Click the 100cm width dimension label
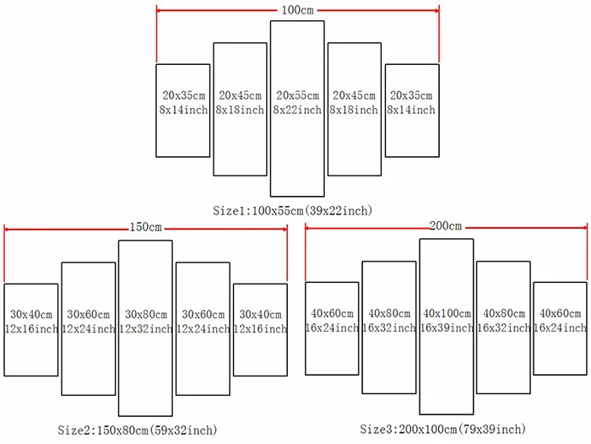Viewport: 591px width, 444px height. click(x=297, y=11)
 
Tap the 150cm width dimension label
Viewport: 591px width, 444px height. click(x=145, y=227)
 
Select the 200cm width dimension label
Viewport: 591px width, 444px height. click(x=446, y=226)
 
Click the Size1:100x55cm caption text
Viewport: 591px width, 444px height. click(x=293, y=209)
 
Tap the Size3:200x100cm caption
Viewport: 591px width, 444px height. click(x=443, y=430)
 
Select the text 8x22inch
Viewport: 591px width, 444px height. click(x=297, y=111)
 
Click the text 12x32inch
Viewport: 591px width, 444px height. click(x=145, y=328)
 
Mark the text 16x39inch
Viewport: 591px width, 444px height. click(x=446, y=328)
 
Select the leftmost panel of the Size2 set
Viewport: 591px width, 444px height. click(x=30, y=329)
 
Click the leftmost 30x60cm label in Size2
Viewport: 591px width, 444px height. click(x=88, y=314)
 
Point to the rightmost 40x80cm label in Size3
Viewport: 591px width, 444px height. click(x=503, y=314)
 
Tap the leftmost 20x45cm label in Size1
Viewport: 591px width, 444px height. click(x=240, y=95)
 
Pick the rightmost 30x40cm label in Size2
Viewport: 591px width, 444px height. click(x=259, y=314)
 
